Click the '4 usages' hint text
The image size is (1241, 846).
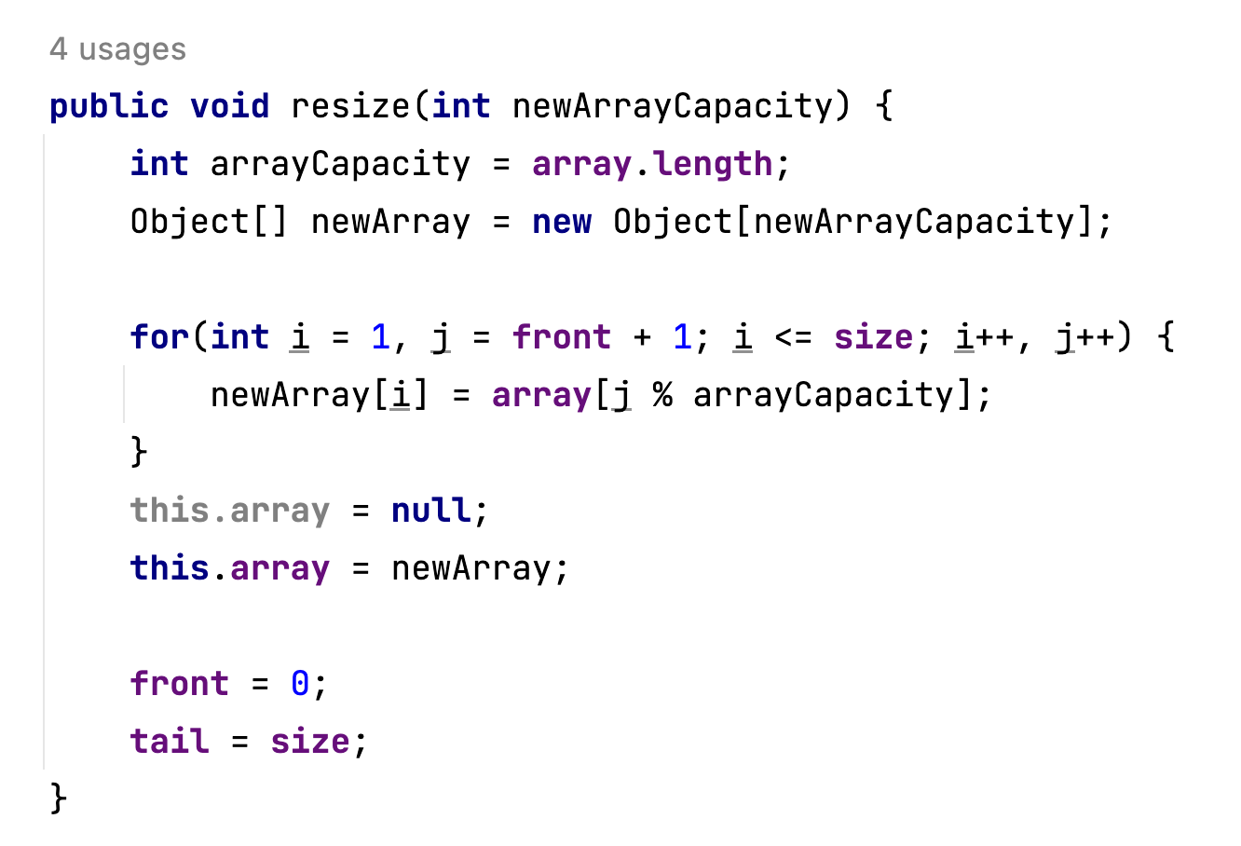[x=117, y=48]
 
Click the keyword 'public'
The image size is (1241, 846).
[x=109, y=106]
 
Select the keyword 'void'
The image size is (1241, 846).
[x=230, y=106]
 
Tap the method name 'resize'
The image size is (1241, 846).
[x=350, y=106]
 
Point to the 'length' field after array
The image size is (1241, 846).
[x=713, y=164]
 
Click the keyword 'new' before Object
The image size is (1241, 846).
[x=562, y=222]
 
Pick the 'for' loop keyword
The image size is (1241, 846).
[x=160, y=336]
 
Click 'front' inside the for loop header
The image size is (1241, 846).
[x=562, y=336]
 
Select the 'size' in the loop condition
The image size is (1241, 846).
[x=874, y=336]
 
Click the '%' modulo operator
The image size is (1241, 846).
[x=662, y=395]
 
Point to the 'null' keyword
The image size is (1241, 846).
[x=431, y=511]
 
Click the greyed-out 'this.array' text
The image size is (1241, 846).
[x=230, y=511]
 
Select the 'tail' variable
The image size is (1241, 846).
[x=170, y=742]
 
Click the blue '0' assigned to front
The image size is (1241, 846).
[x=300, y=684]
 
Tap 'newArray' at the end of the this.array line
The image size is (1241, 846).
[x=471, y=568]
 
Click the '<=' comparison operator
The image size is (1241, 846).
[x=793, y=336]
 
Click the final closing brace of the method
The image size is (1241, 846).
[x=59, y=798]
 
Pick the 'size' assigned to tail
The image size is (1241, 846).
[x=310, y=742]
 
